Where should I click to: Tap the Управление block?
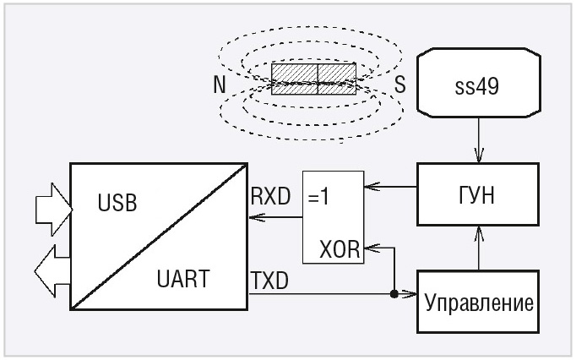(478, 302)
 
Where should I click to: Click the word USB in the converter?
(117, 205)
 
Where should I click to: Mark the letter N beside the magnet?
(220, 85)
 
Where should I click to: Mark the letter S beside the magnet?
(399, 85)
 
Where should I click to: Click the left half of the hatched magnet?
(293, 76)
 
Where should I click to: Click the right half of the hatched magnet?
(338, 76)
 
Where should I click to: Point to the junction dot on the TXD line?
(394, 295)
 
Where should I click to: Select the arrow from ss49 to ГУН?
(478, 140)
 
